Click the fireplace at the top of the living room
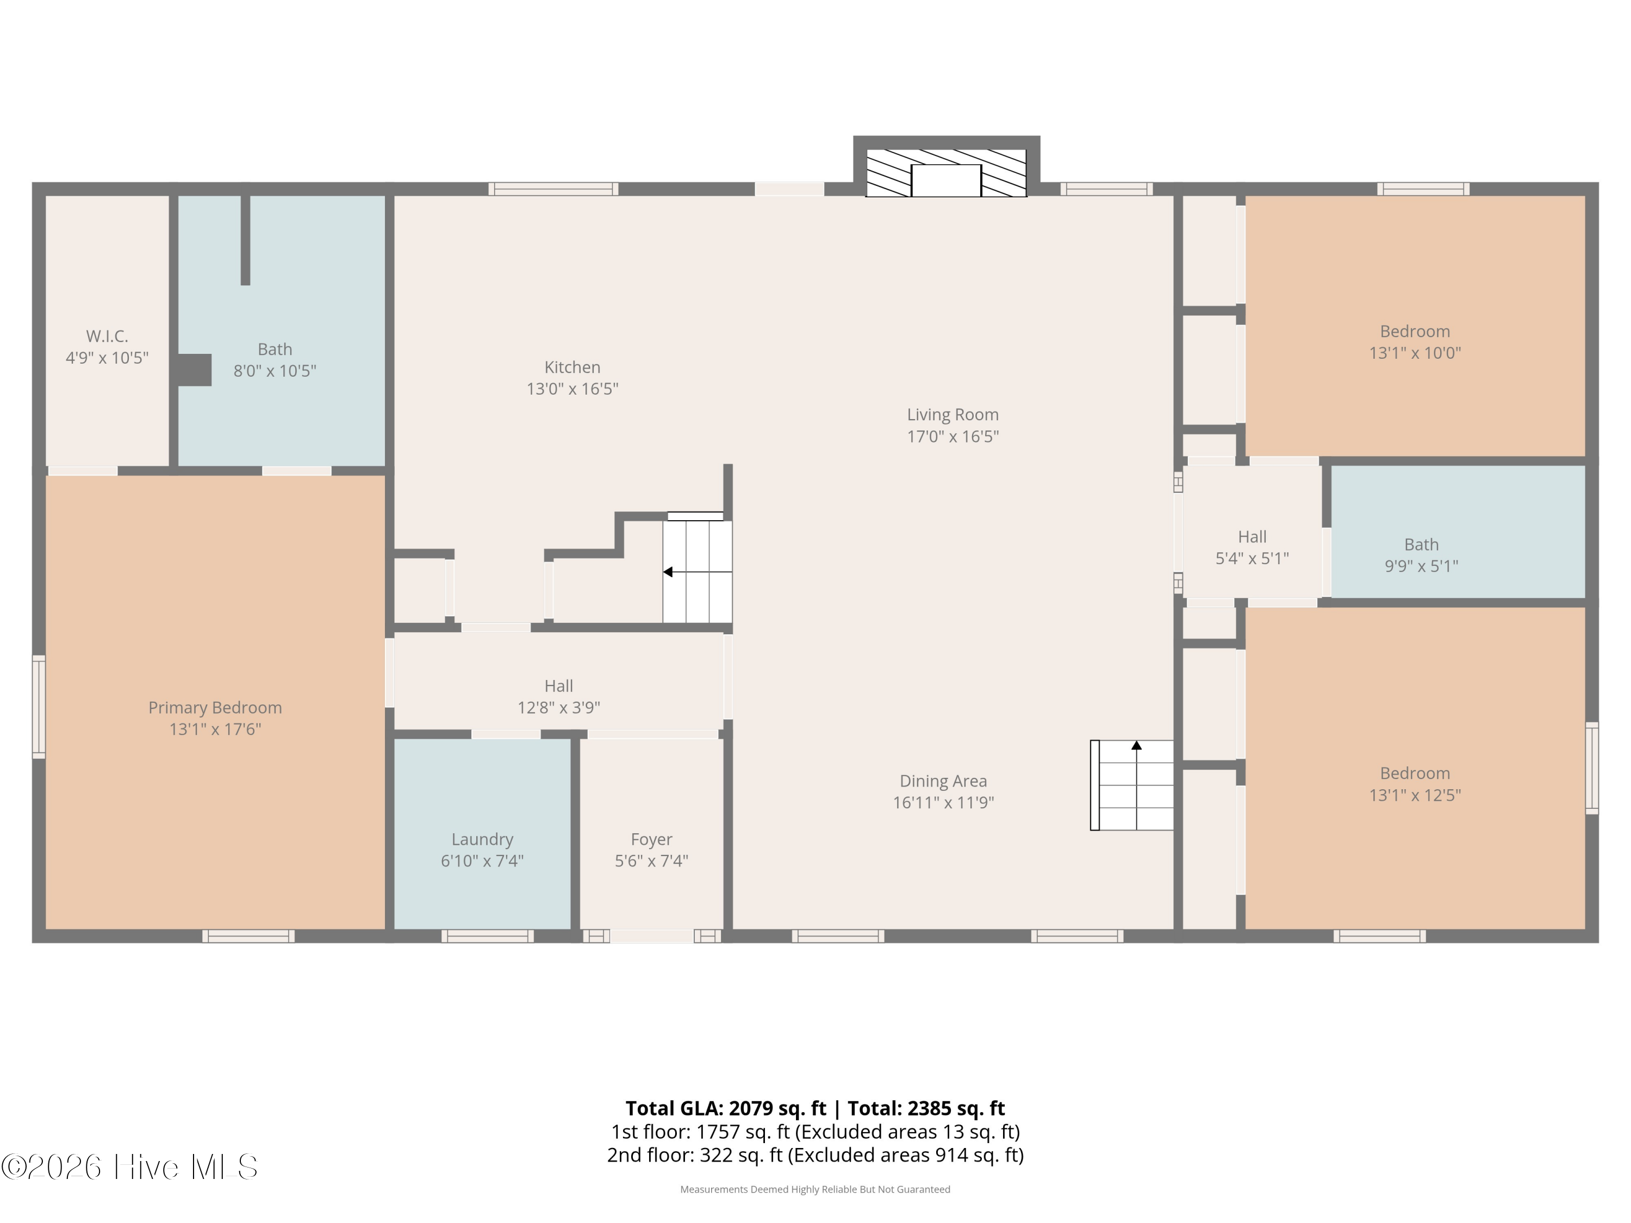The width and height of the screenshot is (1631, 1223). [x=946, y=172]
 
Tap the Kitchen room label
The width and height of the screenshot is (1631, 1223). [x=572, y=367]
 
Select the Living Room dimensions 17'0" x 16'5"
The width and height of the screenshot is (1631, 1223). [x=953, y=436]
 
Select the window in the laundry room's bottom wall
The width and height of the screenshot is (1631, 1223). [x=487, y=936]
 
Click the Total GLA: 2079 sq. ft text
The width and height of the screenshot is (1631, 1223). [x=726, y=1108]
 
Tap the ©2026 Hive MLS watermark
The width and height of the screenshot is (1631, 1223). [x=130, y=1166]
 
